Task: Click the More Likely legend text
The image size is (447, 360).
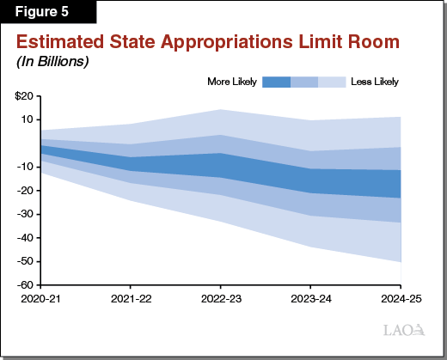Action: pos(231,82)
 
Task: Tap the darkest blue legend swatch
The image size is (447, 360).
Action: pos(276,82)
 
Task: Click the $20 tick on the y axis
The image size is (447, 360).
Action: pos(23,95)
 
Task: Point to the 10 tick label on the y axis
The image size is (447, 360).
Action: pos(27,119)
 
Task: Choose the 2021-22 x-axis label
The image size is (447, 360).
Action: pos(130,298)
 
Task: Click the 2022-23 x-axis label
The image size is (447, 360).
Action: pos(220,298)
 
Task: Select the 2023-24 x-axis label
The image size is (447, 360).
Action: pos(309,298)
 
